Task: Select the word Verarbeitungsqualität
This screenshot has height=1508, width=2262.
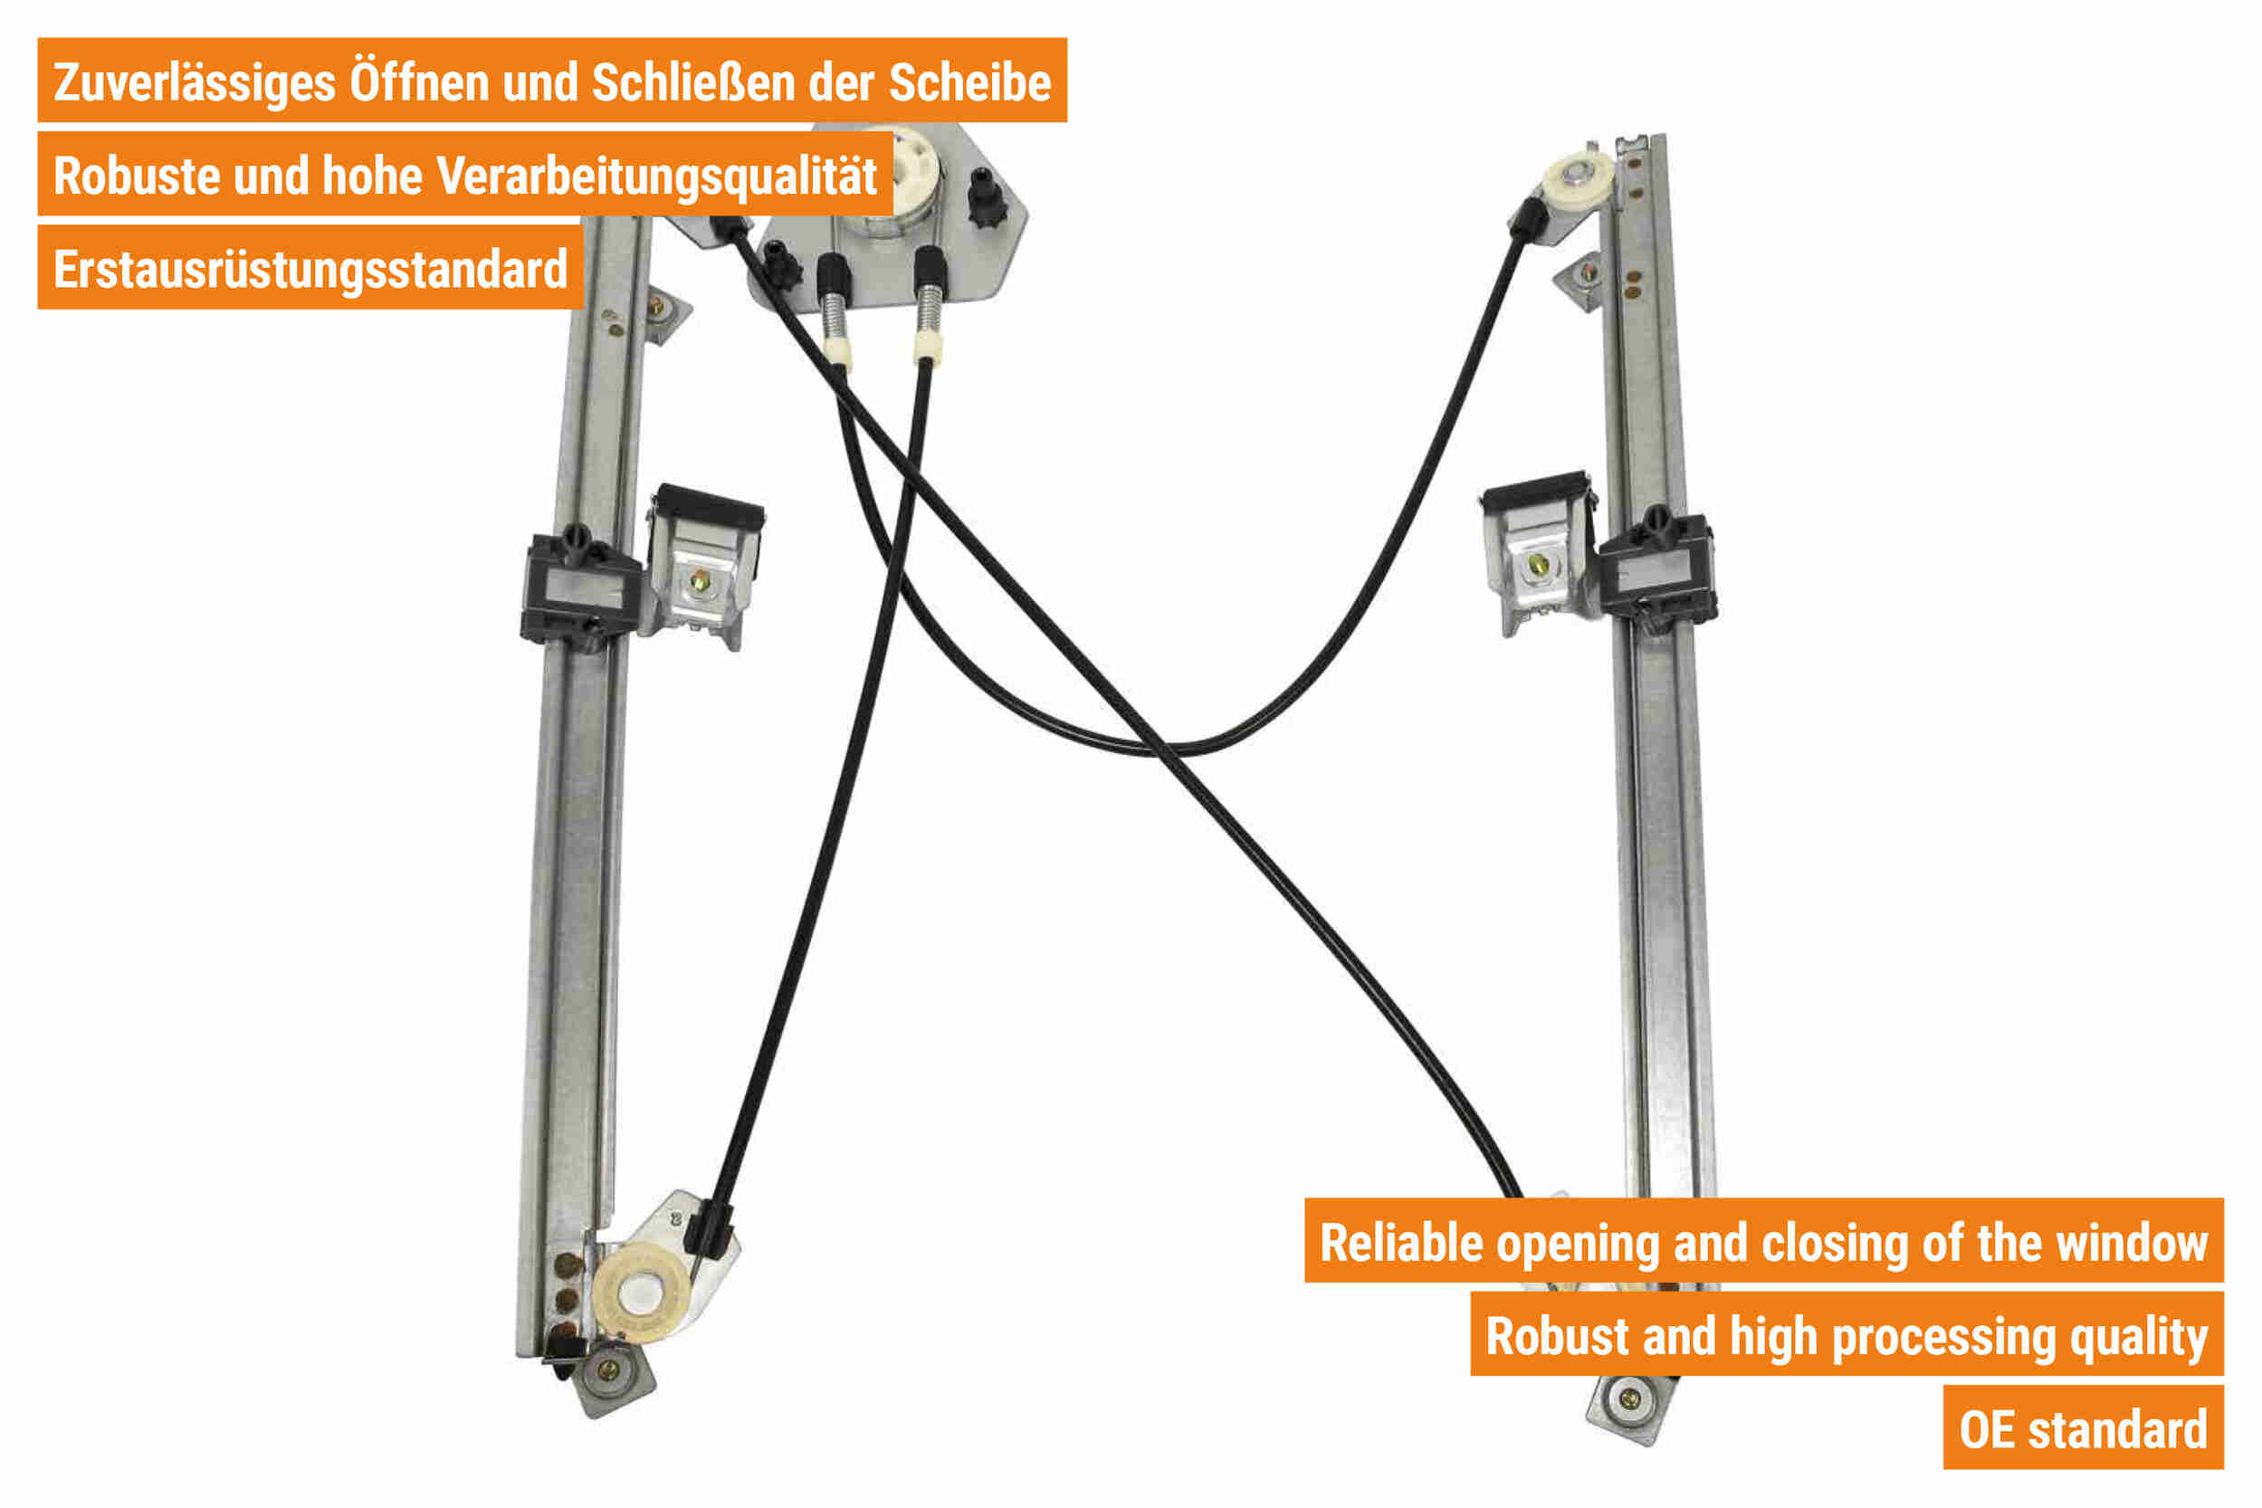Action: pos(656,176)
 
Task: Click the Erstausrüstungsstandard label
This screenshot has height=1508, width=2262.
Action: pos(310,270)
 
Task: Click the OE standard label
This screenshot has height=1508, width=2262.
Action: pos(2083,1430)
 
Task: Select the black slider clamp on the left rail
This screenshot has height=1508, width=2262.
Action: pos(581,586)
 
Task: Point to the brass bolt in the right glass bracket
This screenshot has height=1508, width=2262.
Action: pos(1538,564)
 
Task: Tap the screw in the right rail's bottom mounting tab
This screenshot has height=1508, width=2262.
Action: pos(1628,1398)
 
